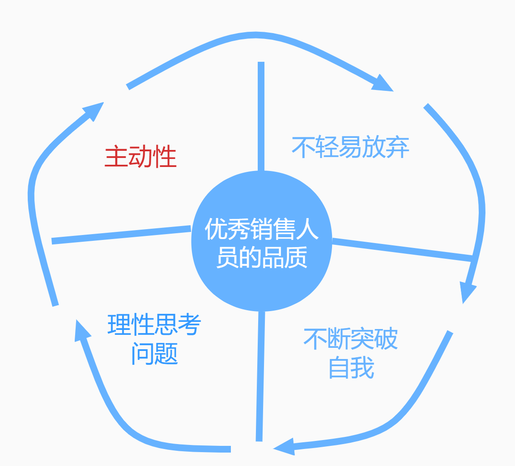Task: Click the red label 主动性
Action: pos(140,157)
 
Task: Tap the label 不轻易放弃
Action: pos(350,146)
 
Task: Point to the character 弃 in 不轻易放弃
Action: pos(397,146)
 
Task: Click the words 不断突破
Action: pos(350,339)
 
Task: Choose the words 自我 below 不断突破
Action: pos(351,368)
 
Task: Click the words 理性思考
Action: pos(154,325)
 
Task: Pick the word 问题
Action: pos(155,354)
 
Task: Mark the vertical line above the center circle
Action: pos(261,116)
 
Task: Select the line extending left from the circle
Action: pos(121,235)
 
